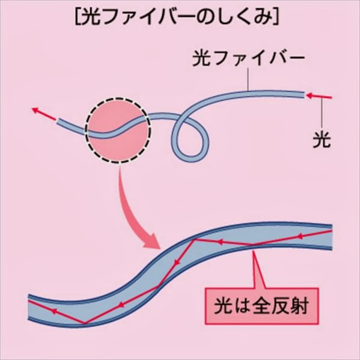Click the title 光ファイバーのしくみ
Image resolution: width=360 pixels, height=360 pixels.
tap(177, 17)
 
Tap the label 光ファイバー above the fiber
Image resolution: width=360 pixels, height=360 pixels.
tap(248, 58)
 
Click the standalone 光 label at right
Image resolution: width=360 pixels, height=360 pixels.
tap(322, 139)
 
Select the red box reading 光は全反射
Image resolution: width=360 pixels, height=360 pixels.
tap(261, 306)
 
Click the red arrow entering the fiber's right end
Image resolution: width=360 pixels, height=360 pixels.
tap(319, 96)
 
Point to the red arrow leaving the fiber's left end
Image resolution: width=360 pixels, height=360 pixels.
tap(44, 114)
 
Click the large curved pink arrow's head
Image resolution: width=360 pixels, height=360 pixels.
tap(152, 241)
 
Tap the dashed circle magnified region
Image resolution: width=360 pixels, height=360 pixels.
tap(118, 130)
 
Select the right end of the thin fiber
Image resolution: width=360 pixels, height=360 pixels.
tap(304, 94)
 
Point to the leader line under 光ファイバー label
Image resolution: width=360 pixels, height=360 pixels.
tap(248, 79)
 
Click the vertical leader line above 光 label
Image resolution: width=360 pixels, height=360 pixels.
tap(322, 113)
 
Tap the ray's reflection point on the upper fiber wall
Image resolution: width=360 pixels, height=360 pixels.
tap(195, 240)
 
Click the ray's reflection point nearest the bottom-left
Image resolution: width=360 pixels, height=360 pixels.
tap(84, 323)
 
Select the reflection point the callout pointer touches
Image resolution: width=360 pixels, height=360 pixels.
tap(252, 245)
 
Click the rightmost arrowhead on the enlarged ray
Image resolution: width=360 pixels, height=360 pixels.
tap(300, 236)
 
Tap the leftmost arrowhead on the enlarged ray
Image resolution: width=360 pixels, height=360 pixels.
tap(53, 311)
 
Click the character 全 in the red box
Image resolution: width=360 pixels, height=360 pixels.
tap(261, 306)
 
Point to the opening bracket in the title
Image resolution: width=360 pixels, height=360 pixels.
tap(78, 17)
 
